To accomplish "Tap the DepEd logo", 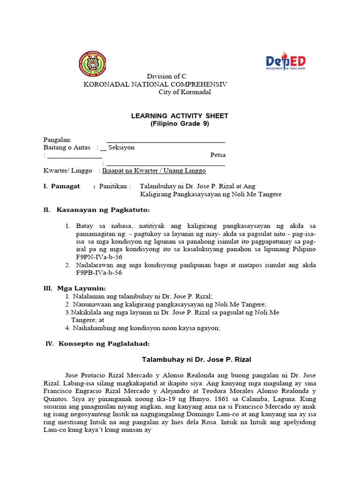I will (285, 61).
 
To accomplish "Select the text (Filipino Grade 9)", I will (180, 124).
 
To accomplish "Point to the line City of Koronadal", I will (185, 92).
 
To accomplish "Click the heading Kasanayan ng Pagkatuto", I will (103, 210).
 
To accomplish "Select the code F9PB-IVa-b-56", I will (99, 272).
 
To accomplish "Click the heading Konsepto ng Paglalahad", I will (104, 344).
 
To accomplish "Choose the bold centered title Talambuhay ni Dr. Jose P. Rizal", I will (196, 360).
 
